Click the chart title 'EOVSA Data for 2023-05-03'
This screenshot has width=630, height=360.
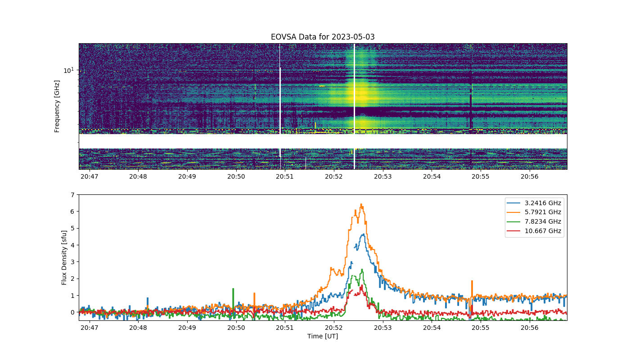pos(323,37)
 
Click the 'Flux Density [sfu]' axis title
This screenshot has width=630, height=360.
pos(64,257)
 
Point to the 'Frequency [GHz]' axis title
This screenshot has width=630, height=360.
pos(57,106)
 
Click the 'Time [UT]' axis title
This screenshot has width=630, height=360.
pos(323,336)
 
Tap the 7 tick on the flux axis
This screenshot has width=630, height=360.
pos(72,194)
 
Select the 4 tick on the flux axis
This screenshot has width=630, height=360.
pos(72,245)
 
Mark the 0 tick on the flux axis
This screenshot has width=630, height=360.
pos(72,312)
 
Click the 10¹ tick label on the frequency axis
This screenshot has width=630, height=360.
pos(68,70)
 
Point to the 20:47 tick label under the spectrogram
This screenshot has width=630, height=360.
pos(90,176)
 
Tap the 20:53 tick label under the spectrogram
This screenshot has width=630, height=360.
pos(383,176)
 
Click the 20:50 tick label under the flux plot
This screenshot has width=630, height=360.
pos(236,328)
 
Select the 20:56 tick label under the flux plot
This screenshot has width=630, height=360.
pos(530,328)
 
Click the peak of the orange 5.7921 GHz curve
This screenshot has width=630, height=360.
pos(361,204)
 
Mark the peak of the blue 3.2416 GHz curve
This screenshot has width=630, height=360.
pos(364,234)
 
